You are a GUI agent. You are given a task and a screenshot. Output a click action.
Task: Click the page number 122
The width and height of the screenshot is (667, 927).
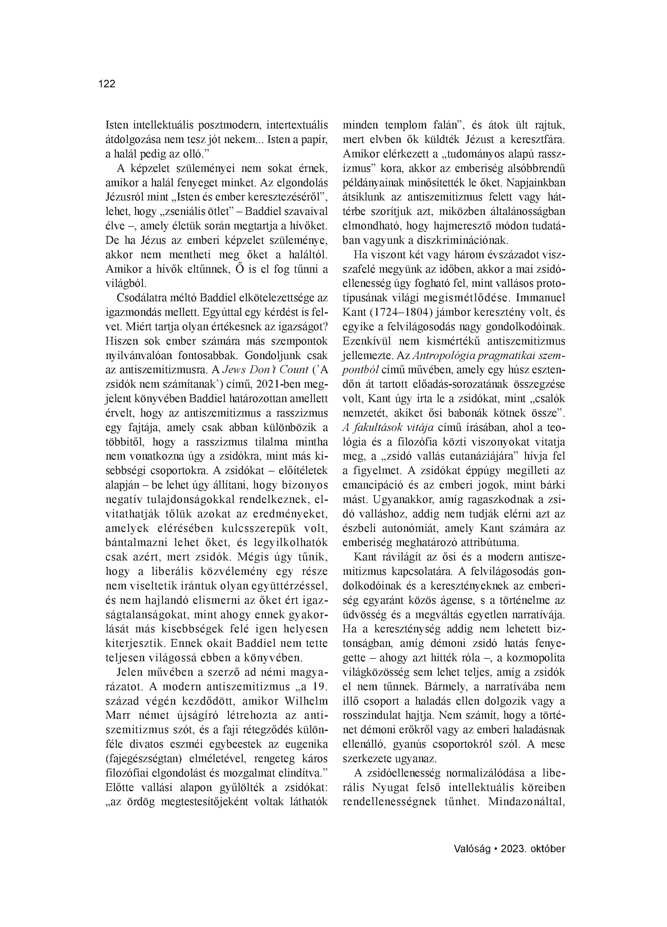click(107, 84)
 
